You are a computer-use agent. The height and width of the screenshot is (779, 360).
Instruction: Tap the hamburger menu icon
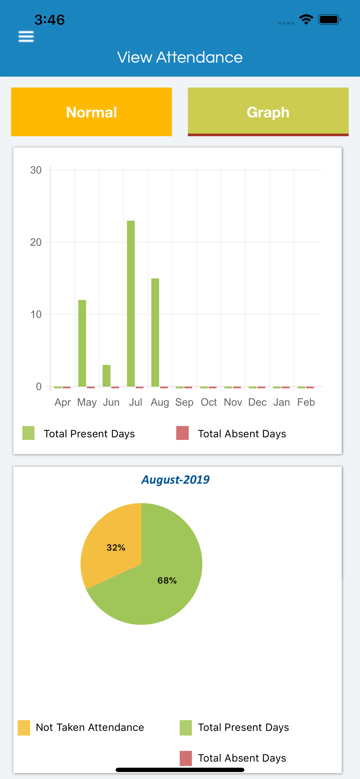click(26, 37)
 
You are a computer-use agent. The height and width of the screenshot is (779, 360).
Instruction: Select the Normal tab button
click(91, 112)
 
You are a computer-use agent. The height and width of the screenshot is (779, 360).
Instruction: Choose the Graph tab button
click(268, 112)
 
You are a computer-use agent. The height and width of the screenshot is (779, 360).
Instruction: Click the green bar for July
click(131, 303)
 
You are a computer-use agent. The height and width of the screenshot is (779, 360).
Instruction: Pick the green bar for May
click(82, 343)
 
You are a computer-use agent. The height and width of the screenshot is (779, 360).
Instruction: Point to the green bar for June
click(106, 376)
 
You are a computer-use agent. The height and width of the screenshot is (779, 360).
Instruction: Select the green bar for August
click(155, 332)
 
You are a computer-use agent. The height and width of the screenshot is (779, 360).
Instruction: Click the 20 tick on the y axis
click(36, 242)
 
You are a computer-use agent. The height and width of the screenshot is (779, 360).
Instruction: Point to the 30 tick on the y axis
click(36, 170)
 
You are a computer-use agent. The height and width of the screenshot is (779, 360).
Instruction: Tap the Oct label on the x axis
click(209, 402)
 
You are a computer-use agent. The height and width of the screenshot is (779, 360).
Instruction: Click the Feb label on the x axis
click(306, 402)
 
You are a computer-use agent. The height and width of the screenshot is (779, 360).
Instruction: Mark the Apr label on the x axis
click(63, 402)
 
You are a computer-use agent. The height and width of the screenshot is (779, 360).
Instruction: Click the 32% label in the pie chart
click(116, 547)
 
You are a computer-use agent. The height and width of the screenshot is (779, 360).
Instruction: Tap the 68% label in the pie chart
click(167, 580)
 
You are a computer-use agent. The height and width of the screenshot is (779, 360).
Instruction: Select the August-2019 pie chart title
click(175, 480)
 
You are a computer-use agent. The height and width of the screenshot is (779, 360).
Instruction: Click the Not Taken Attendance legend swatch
click(24, 727)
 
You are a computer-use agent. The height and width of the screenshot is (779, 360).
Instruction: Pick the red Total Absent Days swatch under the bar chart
click(182, 433)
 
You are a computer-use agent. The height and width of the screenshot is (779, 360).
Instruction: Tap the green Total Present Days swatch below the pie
click(186, 727)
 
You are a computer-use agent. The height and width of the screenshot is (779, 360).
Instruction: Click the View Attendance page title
click(180, 57)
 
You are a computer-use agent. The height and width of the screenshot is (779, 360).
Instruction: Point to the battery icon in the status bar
click(329, 20)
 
